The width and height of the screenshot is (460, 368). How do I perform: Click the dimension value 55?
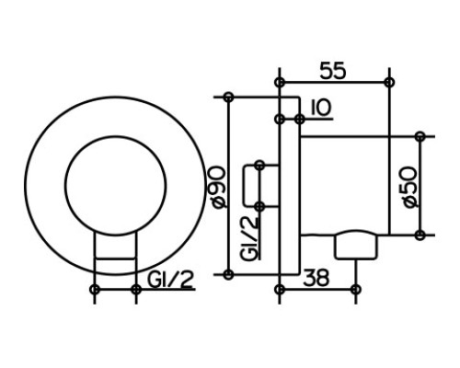333,71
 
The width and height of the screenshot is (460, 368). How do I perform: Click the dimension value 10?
321,108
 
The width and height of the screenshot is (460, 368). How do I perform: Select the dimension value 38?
316,278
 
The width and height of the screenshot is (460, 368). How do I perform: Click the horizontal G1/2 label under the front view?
170,280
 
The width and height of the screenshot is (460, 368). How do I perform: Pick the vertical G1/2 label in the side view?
249,238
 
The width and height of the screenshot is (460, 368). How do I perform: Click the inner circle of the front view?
115,136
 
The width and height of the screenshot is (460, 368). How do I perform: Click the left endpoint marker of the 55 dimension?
279,82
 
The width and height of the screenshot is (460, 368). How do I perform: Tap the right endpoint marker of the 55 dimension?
389,82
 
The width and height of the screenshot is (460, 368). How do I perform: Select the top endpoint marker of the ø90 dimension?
228,97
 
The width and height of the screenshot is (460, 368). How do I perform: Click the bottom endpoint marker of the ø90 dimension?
228,274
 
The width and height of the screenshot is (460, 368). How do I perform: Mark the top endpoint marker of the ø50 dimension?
420,136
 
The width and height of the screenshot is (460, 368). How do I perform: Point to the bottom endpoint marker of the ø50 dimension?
420,236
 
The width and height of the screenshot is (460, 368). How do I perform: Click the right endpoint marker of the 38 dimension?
355,289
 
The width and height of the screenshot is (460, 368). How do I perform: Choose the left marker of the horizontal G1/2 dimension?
95,289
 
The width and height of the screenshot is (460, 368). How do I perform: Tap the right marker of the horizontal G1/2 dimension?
136,289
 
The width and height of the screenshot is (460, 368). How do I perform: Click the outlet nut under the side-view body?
356,245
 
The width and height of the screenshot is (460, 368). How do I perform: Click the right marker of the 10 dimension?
300,119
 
